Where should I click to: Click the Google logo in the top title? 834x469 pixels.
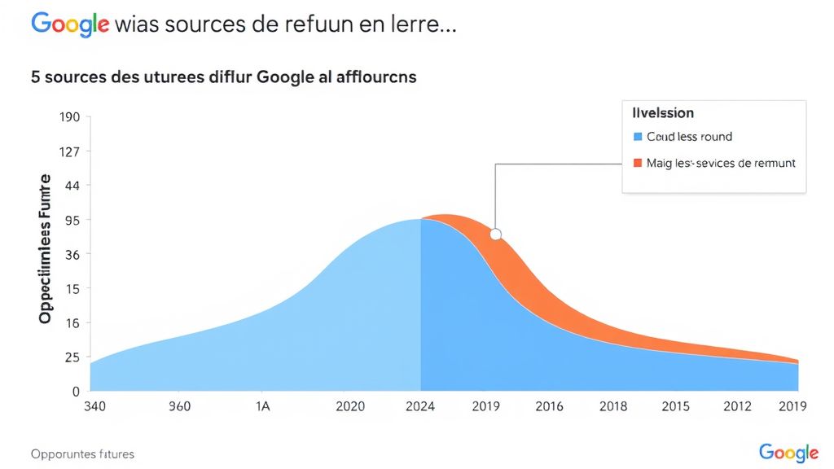[x=70, y=24]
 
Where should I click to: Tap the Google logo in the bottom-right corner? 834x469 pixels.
[x=788, y=453]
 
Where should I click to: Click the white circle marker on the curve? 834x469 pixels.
[x=495, y=234]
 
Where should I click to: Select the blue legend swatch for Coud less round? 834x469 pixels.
[x=639, y=137]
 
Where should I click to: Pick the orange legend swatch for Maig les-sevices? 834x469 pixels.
[x=639, y=163]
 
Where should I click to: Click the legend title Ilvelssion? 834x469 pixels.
[x=663, y=113]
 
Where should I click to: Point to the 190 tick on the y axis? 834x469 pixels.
[x=68, y=117]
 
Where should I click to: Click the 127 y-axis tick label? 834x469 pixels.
[x=68, y=151]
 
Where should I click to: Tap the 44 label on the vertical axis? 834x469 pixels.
[x=72, y=186]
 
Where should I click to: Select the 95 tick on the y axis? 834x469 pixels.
[x=72, y=220]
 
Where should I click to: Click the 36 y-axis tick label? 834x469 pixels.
[x=72, y=254]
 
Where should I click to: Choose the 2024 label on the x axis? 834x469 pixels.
[x=421, y=406]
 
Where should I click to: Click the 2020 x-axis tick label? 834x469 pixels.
[x=350, y=406]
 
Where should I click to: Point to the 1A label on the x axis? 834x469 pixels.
[x=263, y=406]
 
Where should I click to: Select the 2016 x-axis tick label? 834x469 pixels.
[x=548, y=406]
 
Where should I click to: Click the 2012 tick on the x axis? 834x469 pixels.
[x=737, y=406]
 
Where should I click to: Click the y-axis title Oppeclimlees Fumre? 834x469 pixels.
[x=46, y=248]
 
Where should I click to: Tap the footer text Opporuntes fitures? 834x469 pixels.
[x=82, y=454]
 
